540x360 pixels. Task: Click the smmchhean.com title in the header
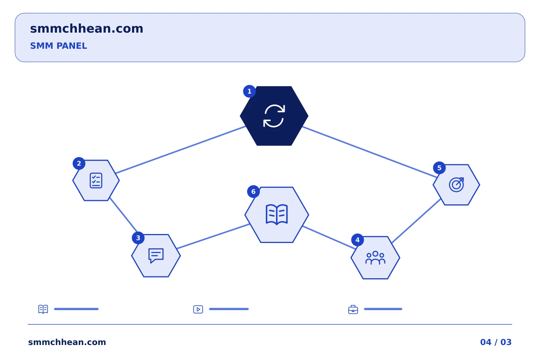[87, 29]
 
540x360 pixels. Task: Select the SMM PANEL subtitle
[58, 46]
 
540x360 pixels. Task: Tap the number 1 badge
[249, 91]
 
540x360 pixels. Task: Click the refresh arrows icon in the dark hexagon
[274, 116]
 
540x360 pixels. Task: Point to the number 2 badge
[79, 163]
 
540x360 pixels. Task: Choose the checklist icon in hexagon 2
[96, 180]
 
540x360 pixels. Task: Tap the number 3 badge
[138, 238]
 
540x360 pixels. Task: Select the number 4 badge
[357, 240]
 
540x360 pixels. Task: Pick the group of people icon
[375, 258]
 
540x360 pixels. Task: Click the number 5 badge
[439, 168]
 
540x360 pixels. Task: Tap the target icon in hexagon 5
[456, 185]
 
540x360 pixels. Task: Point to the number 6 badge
[253, 192]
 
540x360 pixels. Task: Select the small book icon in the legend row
[43, 309]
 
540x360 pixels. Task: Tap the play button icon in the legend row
[198, 309]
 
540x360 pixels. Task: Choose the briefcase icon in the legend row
[353, 309]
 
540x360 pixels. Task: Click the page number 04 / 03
[496, 342]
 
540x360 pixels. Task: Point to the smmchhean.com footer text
[67, 342]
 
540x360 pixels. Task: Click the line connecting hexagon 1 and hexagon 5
[370, 152]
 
